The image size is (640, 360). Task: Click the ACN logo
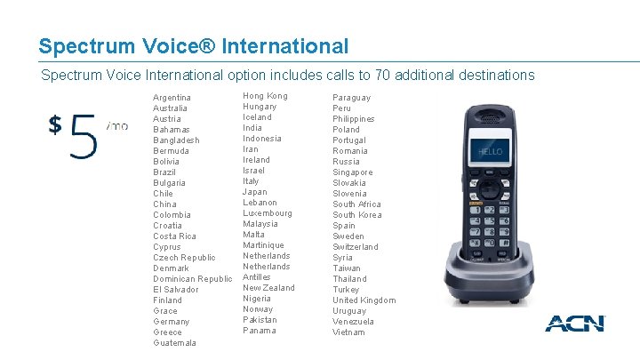(x=574, y=323)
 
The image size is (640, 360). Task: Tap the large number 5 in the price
(x=84, y=133)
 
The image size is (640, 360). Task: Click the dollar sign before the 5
(x=55, y=124)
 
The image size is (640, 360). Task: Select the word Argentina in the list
(x=172, y=98)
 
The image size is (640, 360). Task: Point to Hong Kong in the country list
(x=265, y=96)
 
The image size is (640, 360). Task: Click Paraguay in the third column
(x=352, y=98)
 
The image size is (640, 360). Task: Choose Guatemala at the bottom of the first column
(x=174, y=343)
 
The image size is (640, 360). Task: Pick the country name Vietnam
(x=348, y=332)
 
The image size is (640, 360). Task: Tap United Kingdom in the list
(x=364, y=300)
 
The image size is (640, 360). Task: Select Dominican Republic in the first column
(x=192, y=279)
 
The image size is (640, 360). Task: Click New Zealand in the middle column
(x=268, y=288)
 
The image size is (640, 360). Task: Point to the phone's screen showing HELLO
(x=491, y=151)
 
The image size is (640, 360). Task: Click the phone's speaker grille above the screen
(x=490, y=116)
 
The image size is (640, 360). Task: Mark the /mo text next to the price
(x=116, y=126)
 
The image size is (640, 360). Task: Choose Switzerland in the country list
(x=356, y=247)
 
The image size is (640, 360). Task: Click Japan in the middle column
(x=255, y=192)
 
